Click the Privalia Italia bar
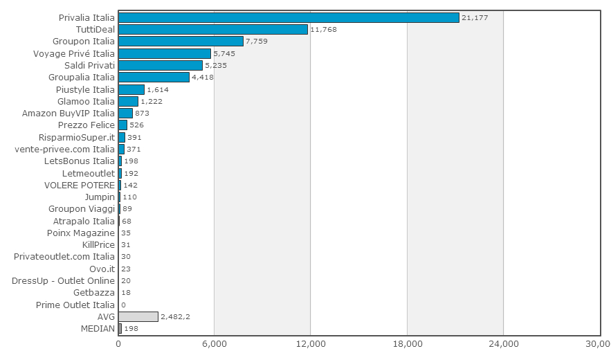pyautogui.click(x=289, y=17)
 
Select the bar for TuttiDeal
pyautogui.click(x=213, y=29)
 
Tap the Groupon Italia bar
pyautogui.click(x=181, y=41)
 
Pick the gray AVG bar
pyautogui.click(x=138, y=316)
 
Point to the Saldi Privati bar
pyautogui.click(x=161, y=65)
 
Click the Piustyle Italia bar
pyautogui.click(x=131, y=89)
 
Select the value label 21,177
pyautogui.click(x=475, y=17)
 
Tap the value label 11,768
pyautogui.click(x=323, y=29)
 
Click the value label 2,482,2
pyautogui.click(x=175, y=316)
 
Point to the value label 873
pyautogui.click(x=143, y=113)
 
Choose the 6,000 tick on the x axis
pyautogui.click(x=215, y=343)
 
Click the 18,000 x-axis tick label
pyautogui.click(x=408, y=343)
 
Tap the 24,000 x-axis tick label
pyautogui.click(x=504, y=343)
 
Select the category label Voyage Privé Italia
pyautogui.click(x=74, y=53)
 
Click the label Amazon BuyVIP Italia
pyautogui.click(x=69, y=114)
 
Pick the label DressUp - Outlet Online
pyautogui.click(x=63, y=281)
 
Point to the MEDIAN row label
pyautogui.click(x=98, y=328)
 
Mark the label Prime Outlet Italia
pyautogui.click(x=75, y=305)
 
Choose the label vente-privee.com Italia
pyautogui.click(x=64, y=150)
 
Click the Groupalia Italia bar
pyautogui.click(x=154, y=77)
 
